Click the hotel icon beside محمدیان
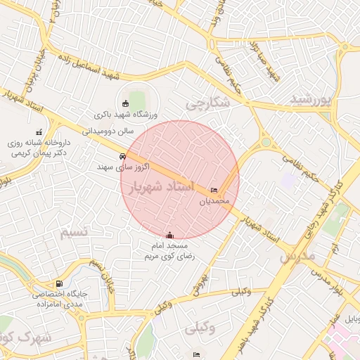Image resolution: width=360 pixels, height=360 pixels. pyautogui.click(x=214, y=191)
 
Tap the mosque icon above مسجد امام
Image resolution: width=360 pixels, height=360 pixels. pyautogui.click(x=169, y=236)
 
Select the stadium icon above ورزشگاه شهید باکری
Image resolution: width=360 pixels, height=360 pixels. pyautogui.click(x=126, y=103)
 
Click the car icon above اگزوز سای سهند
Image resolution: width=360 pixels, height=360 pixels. pyautogui.click(x=124, y=156)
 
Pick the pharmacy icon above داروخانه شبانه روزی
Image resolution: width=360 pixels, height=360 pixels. pyautogui.click(x=39, y=131)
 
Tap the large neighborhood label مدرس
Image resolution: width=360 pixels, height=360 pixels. pyautogui.click(x=295, y=257)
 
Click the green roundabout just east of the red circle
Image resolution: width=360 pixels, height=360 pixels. pyautogui.click(x=266, y=143)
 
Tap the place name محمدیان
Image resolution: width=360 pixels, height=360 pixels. pyautogui.click(x=214, y=201)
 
